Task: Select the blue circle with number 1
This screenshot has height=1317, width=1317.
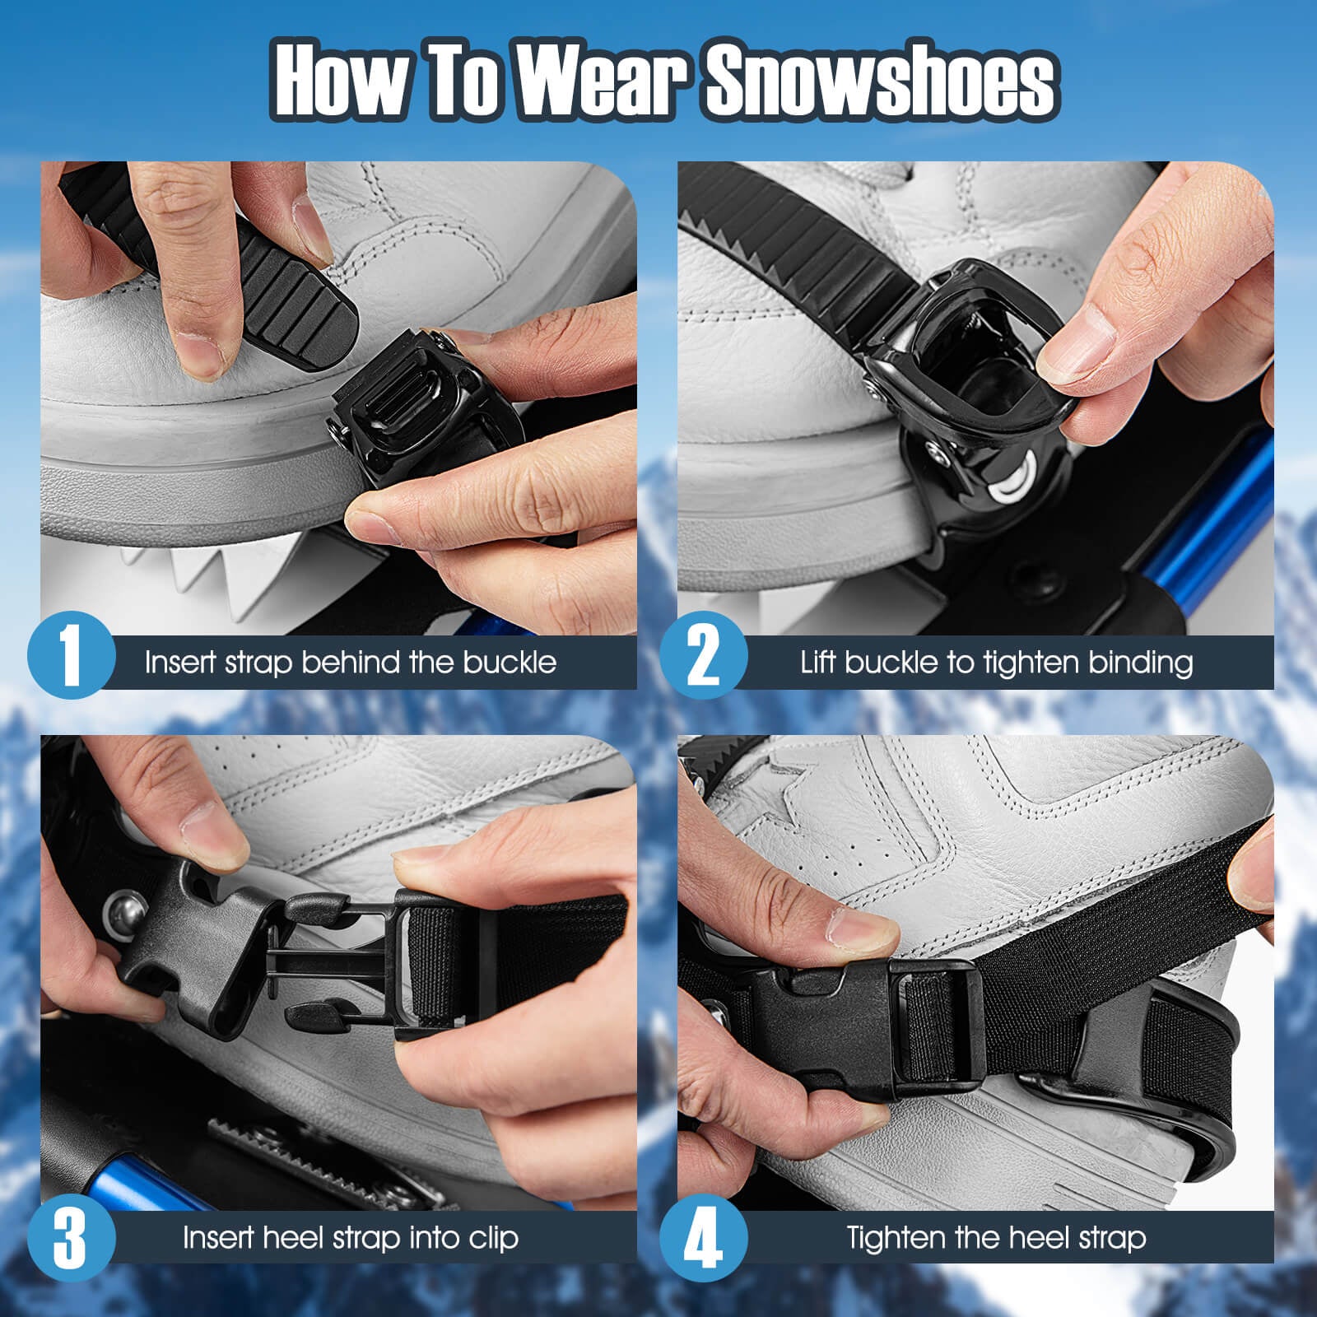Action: tap(71, 656)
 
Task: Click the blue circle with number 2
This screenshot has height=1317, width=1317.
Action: tap(703, 656)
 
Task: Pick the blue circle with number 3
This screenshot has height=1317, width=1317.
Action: tap(71, 1238)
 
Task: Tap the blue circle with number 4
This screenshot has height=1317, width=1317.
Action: tap(703, 1238)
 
